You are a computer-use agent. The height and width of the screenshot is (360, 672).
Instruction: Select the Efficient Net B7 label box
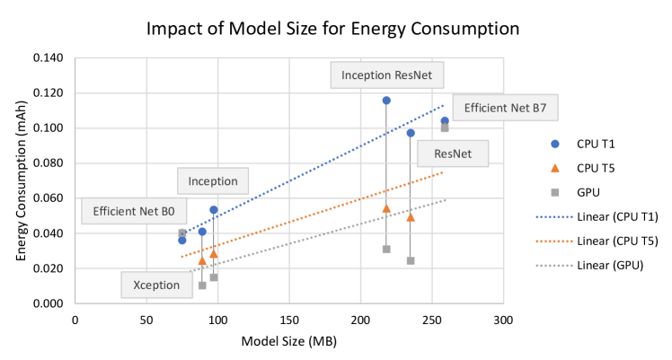tap(505, 110)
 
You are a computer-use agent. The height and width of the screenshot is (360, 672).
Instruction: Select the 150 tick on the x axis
tap(289, 320)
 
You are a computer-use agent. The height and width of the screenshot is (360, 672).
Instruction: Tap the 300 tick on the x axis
tap(503, 320)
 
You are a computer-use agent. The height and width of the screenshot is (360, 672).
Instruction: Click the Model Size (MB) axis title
tap(288, 341)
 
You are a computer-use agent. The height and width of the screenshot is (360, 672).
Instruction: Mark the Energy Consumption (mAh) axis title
tap(19, 180)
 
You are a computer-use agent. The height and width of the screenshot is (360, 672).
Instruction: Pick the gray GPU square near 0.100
tap(445, 127)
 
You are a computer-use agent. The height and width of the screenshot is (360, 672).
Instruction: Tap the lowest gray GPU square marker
tap(202, 285)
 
